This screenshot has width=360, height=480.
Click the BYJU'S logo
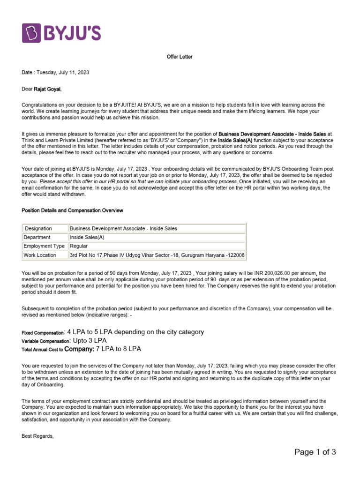coord(61,33)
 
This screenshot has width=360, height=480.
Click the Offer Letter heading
coord(180,57)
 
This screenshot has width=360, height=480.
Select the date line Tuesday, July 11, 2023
coord(55,73)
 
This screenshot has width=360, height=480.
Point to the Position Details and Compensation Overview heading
coord(72,210)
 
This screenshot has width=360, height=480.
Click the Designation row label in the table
coord(38,228)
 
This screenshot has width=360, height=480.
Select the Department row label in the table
coord(37,237)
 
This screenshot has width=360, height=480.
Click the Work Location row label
coord(40,255)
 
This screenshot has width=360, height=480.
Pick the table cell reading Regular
coord(79,246)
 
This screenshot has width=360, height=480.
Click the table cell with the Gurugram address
coord(157,255)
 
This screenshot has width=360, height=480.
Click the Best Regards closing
coord(38,436)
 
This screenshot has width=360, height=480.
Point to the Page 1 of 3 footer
coord(315,452)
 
